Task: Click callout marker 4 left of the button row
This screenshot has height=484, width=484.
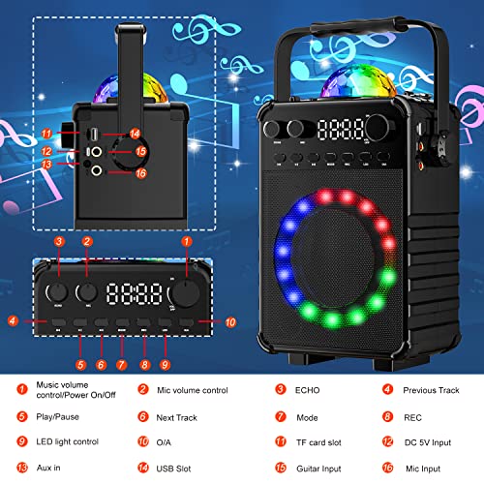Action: pyautogui.click(x=13, y=320)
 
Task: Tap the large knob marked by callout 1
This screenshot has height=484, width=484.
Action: pyautogui.click(x=182, y=293)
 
